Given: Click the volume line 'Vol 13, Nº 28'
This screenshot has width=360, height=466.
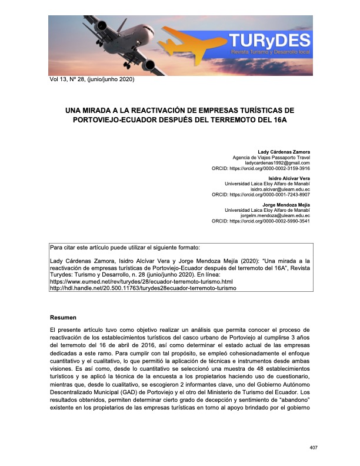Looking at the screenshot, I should (x=92, y=79).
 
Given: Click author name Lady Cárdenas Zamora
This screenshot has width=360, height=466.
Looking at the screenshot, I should (x=284, y=152).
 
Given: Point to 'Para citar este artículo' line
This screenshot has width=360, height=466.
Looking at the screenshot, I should (x=125, y=247).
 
